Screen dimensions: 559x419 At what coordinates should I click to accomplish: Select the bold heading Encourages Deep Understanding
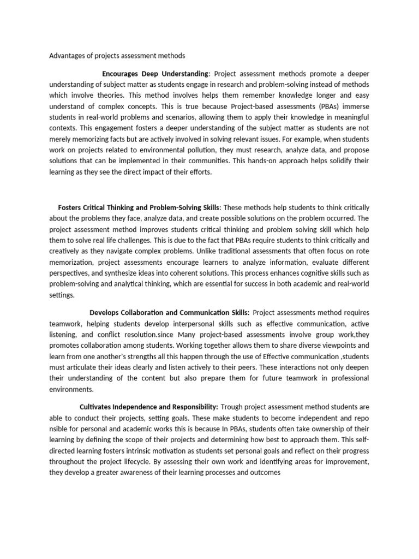click(155, 74)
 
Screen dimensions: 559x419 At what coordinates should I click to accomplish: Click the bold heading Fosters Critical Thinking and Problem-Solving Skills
click(138, 207)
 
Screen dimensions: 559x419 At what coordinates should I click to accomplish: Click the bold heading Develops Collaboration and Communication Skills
click(169, 312)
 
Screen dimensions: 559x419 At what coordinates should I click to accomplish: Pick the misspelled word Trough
click(234, 407)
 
